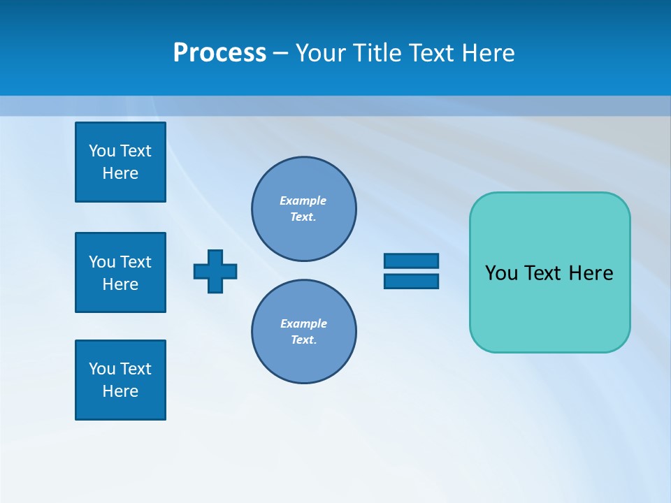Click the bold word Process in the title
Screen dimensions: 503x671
[219, 53]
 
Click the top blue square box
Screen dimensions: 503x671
[120, 162]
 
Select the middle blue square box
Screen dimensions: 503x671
[120, 272]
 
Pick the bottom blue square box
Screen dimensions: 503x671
[120, 380]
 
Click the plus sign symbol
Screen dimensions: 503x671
[215, 272]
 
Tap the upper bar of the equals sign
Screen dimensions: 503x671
[411, 261]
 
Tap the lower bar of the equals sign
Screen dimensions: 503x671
[411, 281]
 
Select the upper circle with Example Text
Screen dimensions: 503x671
[304, 209]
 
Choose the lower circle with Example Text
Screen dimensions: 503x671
[304, 332]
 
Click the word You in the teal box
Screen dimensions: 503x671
[501, 273]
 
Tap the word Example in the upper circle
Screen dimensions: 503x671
[303, 201]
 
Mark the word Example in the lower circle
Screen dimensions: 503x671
[303, 323]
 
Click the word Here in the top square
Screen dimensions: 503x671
[120, 173]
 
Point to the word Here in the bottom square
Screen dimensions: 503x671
[120, 391]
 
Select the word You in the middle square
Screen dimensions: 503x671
[102, 262]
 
